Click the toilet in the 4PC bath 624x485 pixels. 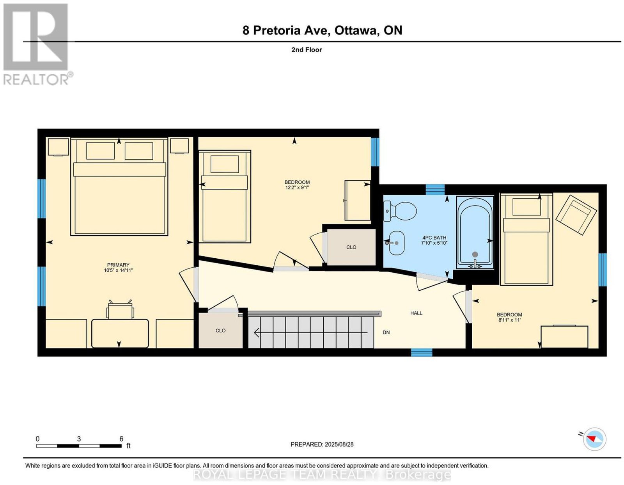tap(400, 211)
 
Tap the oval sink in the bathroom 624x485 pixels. tap(395, 243)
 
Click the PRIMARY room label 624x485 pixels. tap(118, 265)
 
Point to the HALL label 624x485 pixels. tap(416, 313)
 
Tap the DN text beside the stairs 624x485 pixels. tap(386, 332)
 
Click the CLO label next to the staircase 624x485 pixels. tap(220, 330)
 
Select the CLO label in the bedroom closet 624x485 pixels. tap(351, 247)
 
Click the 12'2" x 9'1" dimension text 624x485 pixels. tap(297, 188)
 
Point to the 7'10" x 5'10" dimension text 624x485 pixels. tap(434, 243)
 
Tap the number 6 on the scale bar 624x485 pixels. tap(121, 439)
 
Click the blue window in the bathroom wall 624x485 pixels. tap(435, 190)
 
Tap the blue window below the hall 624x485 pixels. tap(421, 352)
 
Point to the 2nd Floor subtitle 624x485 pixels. tap(307, 50)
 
